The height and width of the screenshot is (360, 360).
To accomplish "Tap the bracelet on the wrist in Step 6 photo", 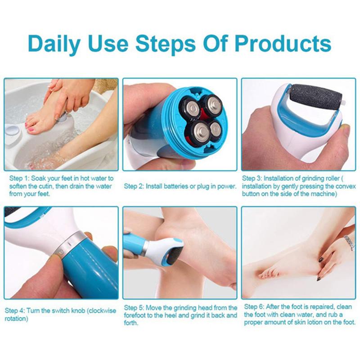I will (349, 243).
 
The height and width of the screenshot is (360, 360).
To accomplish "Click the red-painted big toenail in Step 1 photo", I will (30, 129).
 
